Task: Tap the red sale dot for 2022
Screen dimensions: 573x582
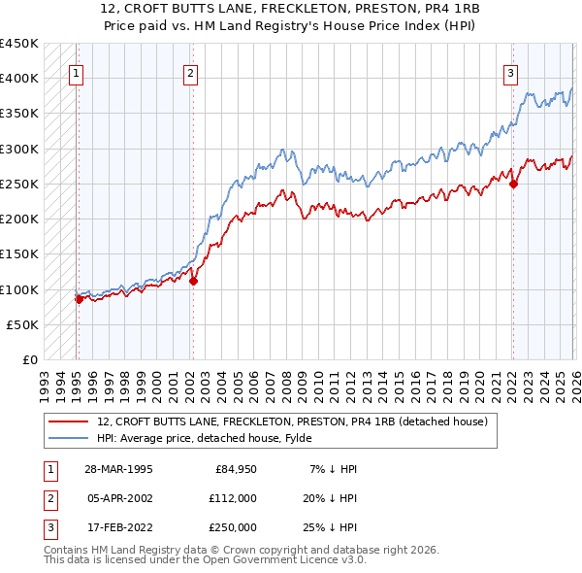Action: pyautogui.click(x=513, y=184)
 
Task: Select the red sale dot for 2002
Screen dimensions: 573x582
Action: pyautogui.click(x=193, y=282)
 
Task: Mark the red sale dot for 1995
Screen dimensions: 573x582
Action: pyautogui.click(x=80, y=300)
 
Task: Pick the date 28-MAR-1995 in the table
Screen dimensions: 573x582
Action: pyautogui.click(x=118, y=469)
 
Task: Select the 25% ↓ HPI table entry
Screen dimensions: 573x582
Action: pyautogui.click(x=328, y=527)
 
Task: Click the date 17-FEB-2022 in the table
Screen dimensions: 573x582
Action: pyautogui.click(x=118, y=527)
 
